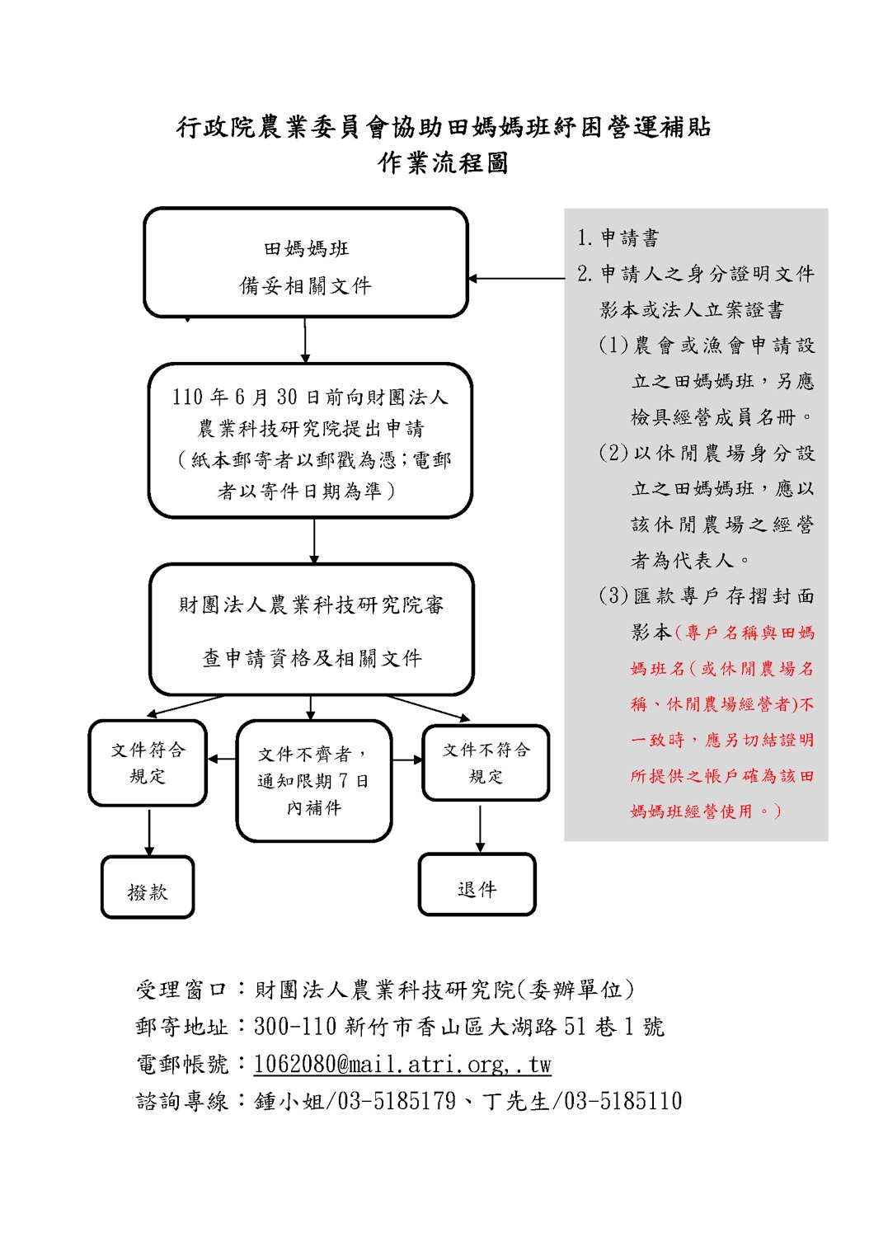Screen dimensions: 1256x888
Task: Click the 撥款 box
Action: (148, 887)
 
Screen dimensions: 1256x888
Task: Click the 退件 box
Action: (477, 885)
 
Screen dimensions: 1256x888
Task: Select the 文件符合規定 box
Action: (148, 763)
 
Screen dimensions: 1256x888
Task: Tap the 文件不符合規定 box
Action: (486, 763)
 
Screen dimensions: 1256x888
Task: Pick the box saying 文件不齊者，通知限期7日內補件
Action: (314, 781)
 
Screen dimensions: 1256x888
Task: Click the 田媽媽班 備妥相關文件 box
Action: (306, 263)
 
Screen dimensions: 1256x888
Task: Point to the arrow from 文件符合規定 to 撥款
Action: (149, 831)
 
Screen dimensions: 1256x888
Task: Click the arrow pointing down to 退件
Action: (480, 828)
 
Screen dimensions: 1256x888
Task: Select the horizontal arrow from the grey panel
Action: (516, 279)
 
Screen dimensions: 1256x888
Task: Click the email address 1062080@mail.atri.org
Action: (402, 1065)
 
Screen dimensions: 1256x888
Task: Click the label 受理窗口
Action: (181, 990)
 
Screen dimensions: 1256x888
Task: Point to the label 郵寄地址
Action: (181, 1027)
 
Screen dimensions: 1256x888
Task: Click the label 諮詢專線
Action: (181, 1101)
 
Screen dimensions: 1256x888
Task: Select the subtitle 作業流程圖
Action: (443, 163)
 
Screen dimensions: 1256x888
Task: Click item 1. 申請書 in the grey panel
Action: (618, 238)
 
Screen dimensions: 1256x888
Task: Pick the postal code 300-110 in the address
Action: (295, 1027)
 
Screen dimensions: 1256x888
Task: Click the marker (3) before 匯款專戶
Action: (613, 596)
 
